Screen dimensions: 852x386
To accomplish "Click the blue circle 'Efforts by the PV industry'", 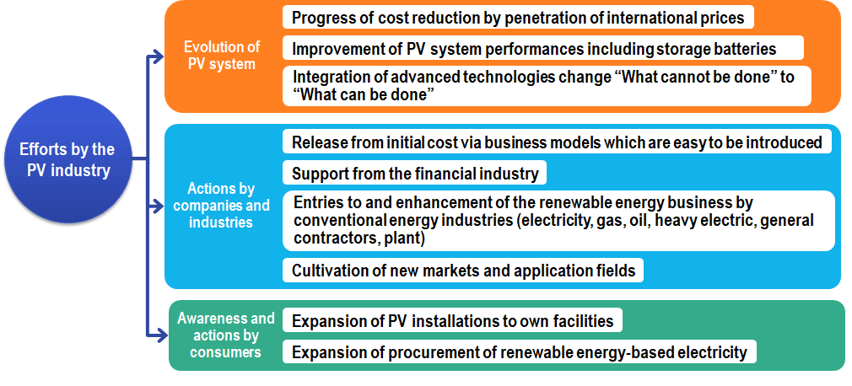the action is click(68, 159).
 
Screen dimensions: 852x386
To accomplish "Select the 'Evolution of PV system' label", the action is click(222, 55).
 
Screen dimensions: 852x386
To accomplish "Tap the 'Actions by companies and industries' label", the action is click(221, 205).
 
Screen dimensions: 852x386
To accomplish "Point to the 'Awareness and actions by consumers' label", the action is click(225, 335).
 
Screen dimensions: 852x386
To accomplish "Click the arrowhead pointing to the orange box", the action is click(157, 56).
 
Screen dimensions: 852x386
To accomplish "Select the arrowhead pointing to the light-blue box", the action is click(157, 206).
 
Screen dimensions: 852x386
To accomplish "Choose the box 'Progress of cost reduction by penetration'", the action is click(518, 18).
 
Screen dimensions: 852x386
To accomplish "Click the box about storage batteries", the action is click(542, 48).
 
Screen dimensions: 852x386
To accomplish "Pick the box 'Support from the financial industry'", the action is click(414, 173).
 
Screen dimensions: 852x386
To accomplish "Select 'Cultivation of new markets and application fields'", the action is click(463, 271).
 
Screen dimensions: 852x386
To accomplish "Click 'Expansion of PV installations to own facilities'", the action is click(452, 321).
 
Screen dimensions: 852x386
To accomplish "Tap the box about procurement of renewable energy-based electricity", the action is click(520, 351).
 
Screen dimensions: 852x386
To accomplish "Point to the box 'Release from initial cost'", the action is click(557, 142).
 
